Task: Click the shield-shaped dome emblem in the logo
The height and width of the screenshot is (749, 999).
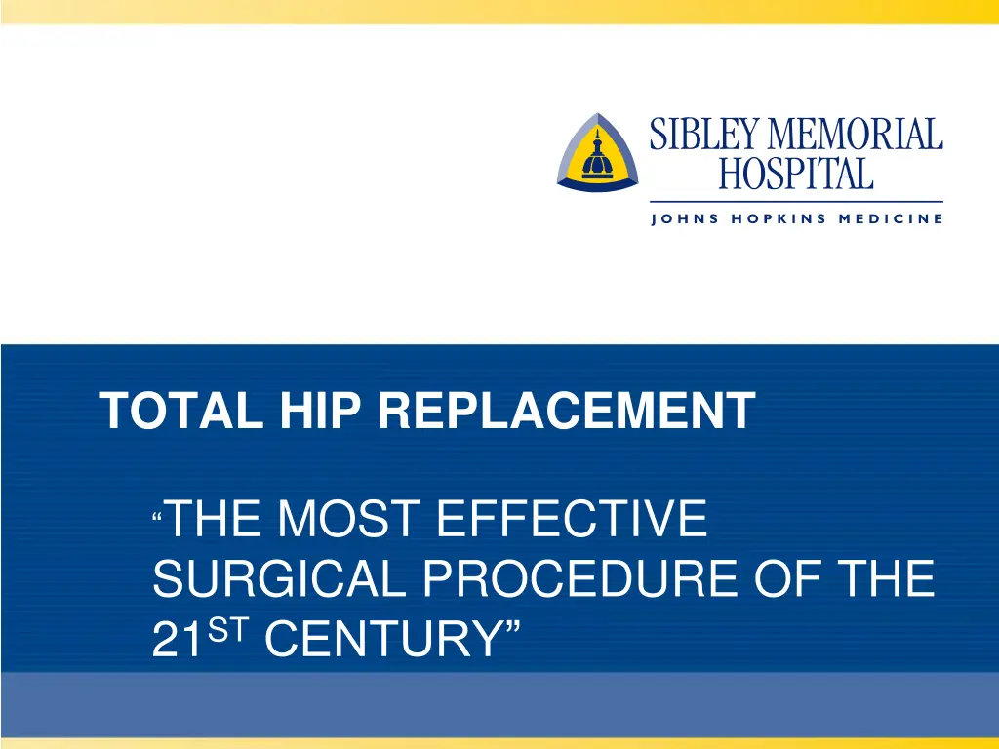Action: pos(597,154)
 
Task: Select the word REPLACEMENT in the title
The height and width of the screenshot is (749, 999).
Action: pos(566,411)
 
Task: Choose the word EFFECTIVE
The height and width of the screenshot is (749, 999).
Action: pos(572,519)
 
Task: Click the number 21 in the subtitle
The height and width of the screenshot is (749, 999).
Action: pos(177,644)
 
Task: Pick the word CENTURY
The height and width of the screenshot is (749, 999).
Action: pos(380,644)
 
